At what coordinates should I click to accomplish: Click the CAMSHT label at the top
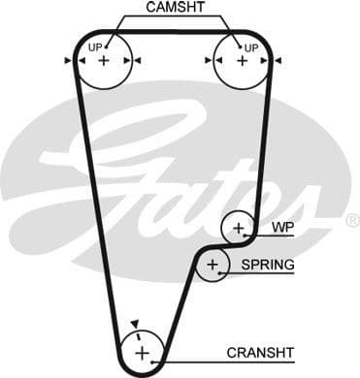[x=176, y=9]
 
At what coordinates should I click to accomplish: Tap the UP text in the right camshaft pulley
[x=250, y=47]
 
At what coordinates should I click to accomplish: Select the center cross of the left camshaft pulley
[x=104, y=61]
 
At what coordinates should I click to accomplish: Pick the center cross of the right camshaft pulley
[x=239, y=61]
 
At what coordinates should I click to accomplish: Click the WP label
[x=282, y=229]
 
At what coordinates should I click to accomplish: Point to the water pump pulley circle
[x=238, y=229]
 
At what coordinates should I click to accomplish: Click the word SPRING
[x=268, y=265]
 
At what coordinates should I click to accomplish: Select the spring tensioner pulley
[x=211, y=265]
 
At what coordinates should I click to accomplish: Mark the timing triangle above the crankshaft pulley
[x=137, y=324]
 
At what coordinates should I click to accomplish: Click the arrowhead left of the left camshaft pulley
[x=68, y=61]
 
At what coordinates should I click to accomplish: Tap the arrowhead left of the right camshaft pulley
[x=208, y=61]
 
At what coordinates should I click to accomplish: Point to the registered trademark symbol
[x=351, y=221]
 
